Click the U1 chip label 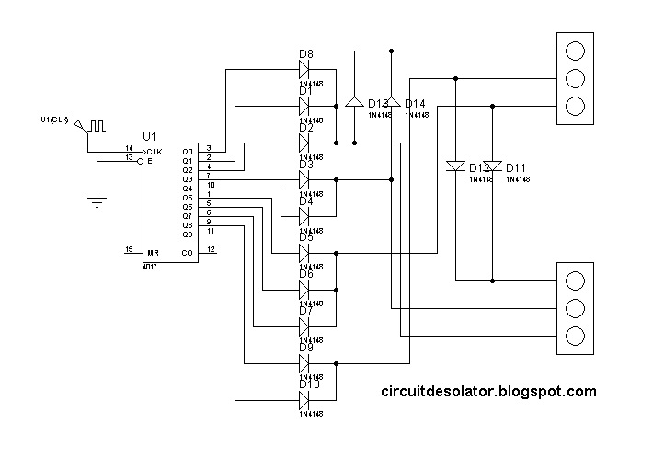(x=150, y=136)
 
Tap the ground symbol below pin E (x=97, y=201)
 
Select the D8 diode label (x=306, y=55)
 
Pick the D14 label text (x=415, y=104)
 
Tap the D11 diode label (x=516, y=168)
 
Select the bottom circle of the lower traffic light (x=575, y=335)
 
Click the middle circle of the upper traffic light (x=575, y=77)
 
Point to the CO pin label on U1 (x=187, y=252)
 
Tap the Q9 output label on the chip (x=188, y=234)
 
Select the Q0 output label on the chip (x=188, y=152)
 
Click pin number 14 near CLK (x=129, y=148)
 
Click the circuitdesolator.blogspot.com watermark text (x=488, y=392)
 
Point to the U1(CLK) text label (x=55, y=120)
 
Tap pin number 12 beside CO (x=211, y=249)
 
